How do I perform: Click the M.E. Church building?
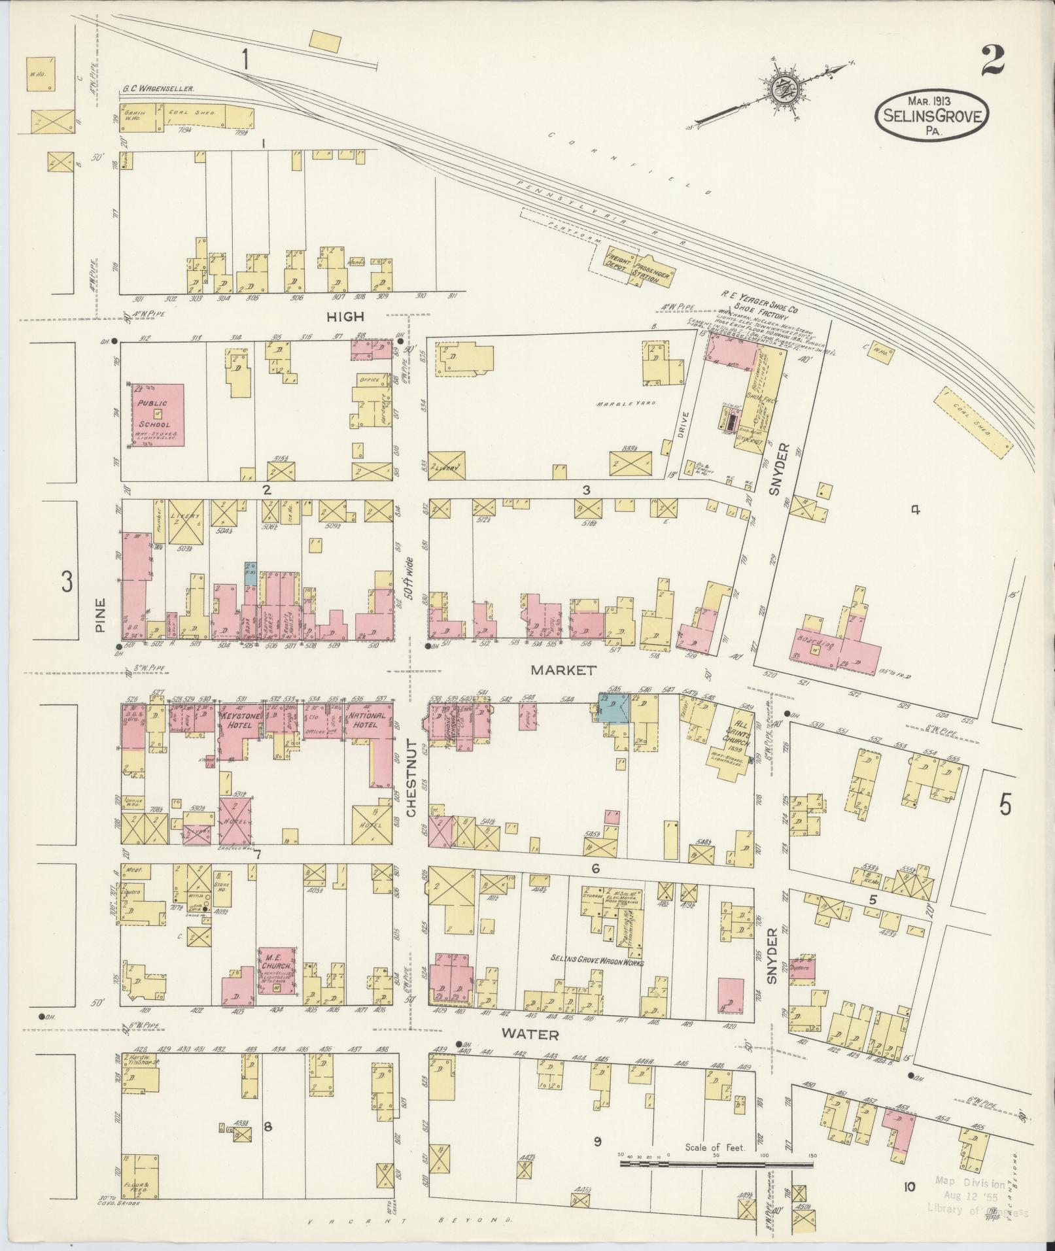tap(277, 969)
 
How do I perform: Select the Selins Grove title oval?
tap(932, 116)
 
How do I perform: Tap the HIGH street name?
tap(345, 317)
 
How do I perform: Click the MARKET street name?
tap(563, 670)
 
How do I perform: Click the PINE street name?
tap(99, 617)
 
